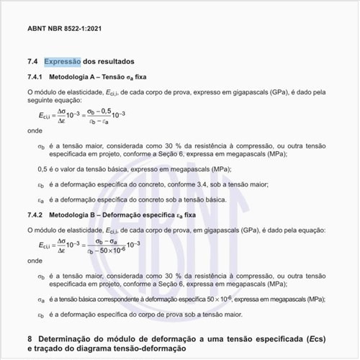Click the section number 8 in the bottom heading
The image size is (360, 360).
(30, 338)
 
